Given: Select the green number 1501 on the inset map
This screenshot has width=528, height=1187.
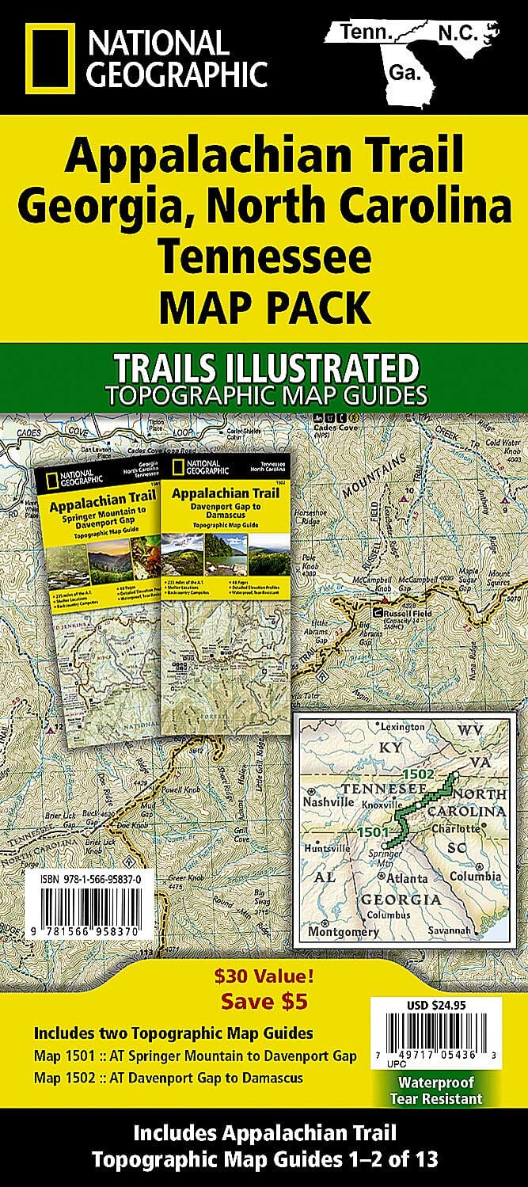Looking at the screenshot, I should (373, 833).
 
